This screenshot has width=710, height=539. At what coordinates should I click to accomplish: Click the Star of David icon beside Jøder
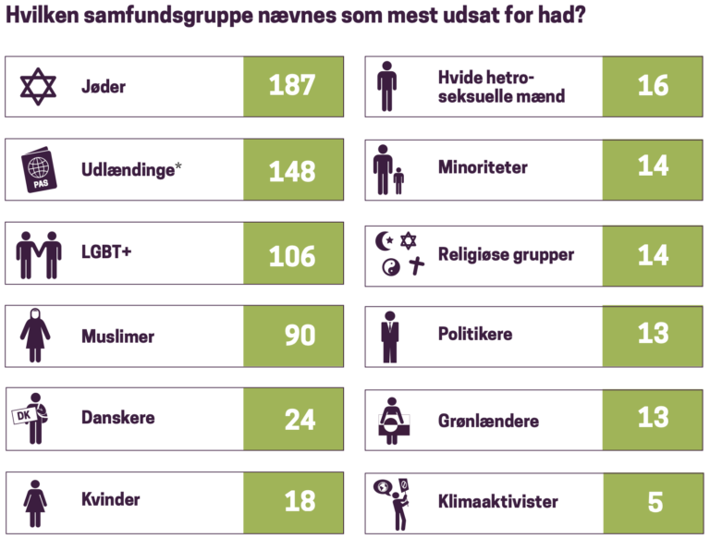coord(39,87)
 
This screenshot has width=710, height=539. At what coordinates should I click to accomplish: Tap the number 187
coord(292,87)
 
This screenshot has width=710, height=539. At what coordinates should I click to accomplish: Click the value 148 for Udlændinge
coord(292,171)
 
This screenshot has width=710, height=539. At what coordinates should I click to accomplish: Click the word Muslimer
coord(117,337)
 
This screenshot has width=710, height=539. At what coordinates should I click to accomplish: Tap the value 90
coord(300,335)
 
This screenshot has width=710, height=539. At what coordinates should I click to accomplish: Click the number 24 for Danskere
coord(300,419)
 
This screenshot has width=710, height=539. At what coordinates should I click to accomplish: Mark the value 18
coord(300,501)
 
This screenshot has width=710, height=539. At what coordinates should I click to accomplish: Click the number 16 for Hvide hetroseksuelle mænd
coord(653,86)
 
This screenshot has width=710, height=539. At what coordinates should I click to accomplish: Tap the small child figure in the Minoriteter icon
coord(398,180)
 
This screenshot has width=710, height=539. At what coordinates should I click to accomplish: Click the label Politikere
coord(475,333)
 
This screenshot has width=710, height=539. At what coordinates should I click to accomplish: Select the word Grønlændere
coord(488,422)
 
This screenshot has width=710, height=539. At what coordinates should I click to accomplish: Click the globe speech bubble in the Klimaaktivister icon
coord(381,488)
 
